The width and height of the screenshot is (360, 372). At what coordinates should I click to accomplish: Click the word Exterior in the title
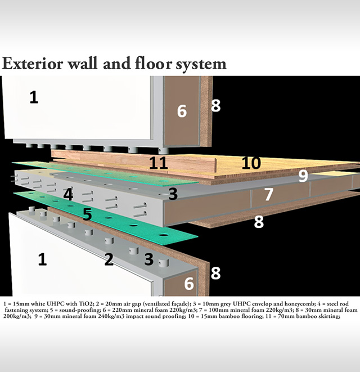tap(33, 64)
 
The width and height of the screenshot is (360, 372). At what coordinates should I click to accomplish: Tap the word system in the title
tap(201, 65)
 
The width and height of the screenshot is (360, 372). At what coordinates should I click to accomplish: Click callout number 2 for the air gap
tap(109, 259)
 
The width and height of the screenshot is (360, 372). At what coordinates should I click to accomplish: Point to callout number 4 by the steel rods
tap(68, 195)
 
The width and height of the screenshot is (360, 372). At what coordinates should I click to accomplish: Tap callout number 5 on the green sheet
tap(87, 214)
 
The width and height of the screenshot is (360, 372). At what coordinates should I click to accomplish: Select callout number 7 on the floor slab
tap(269, 195)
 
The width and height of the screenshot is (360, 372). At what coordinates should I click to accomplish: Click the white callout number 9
tap(303, 176)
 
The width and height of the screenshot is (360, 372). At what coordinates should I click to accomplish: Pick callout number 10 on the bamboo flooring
tap(251, 163)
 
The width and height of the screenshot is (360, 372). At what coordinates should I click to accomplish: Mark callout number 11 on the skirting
tap(159, 163)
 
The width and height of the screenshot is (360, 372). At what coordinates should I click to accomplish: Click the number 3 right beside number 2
tap(149, 259)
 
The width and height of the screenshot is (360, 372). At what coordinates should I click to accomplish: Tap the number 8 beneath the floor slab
tap(259, 222)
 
